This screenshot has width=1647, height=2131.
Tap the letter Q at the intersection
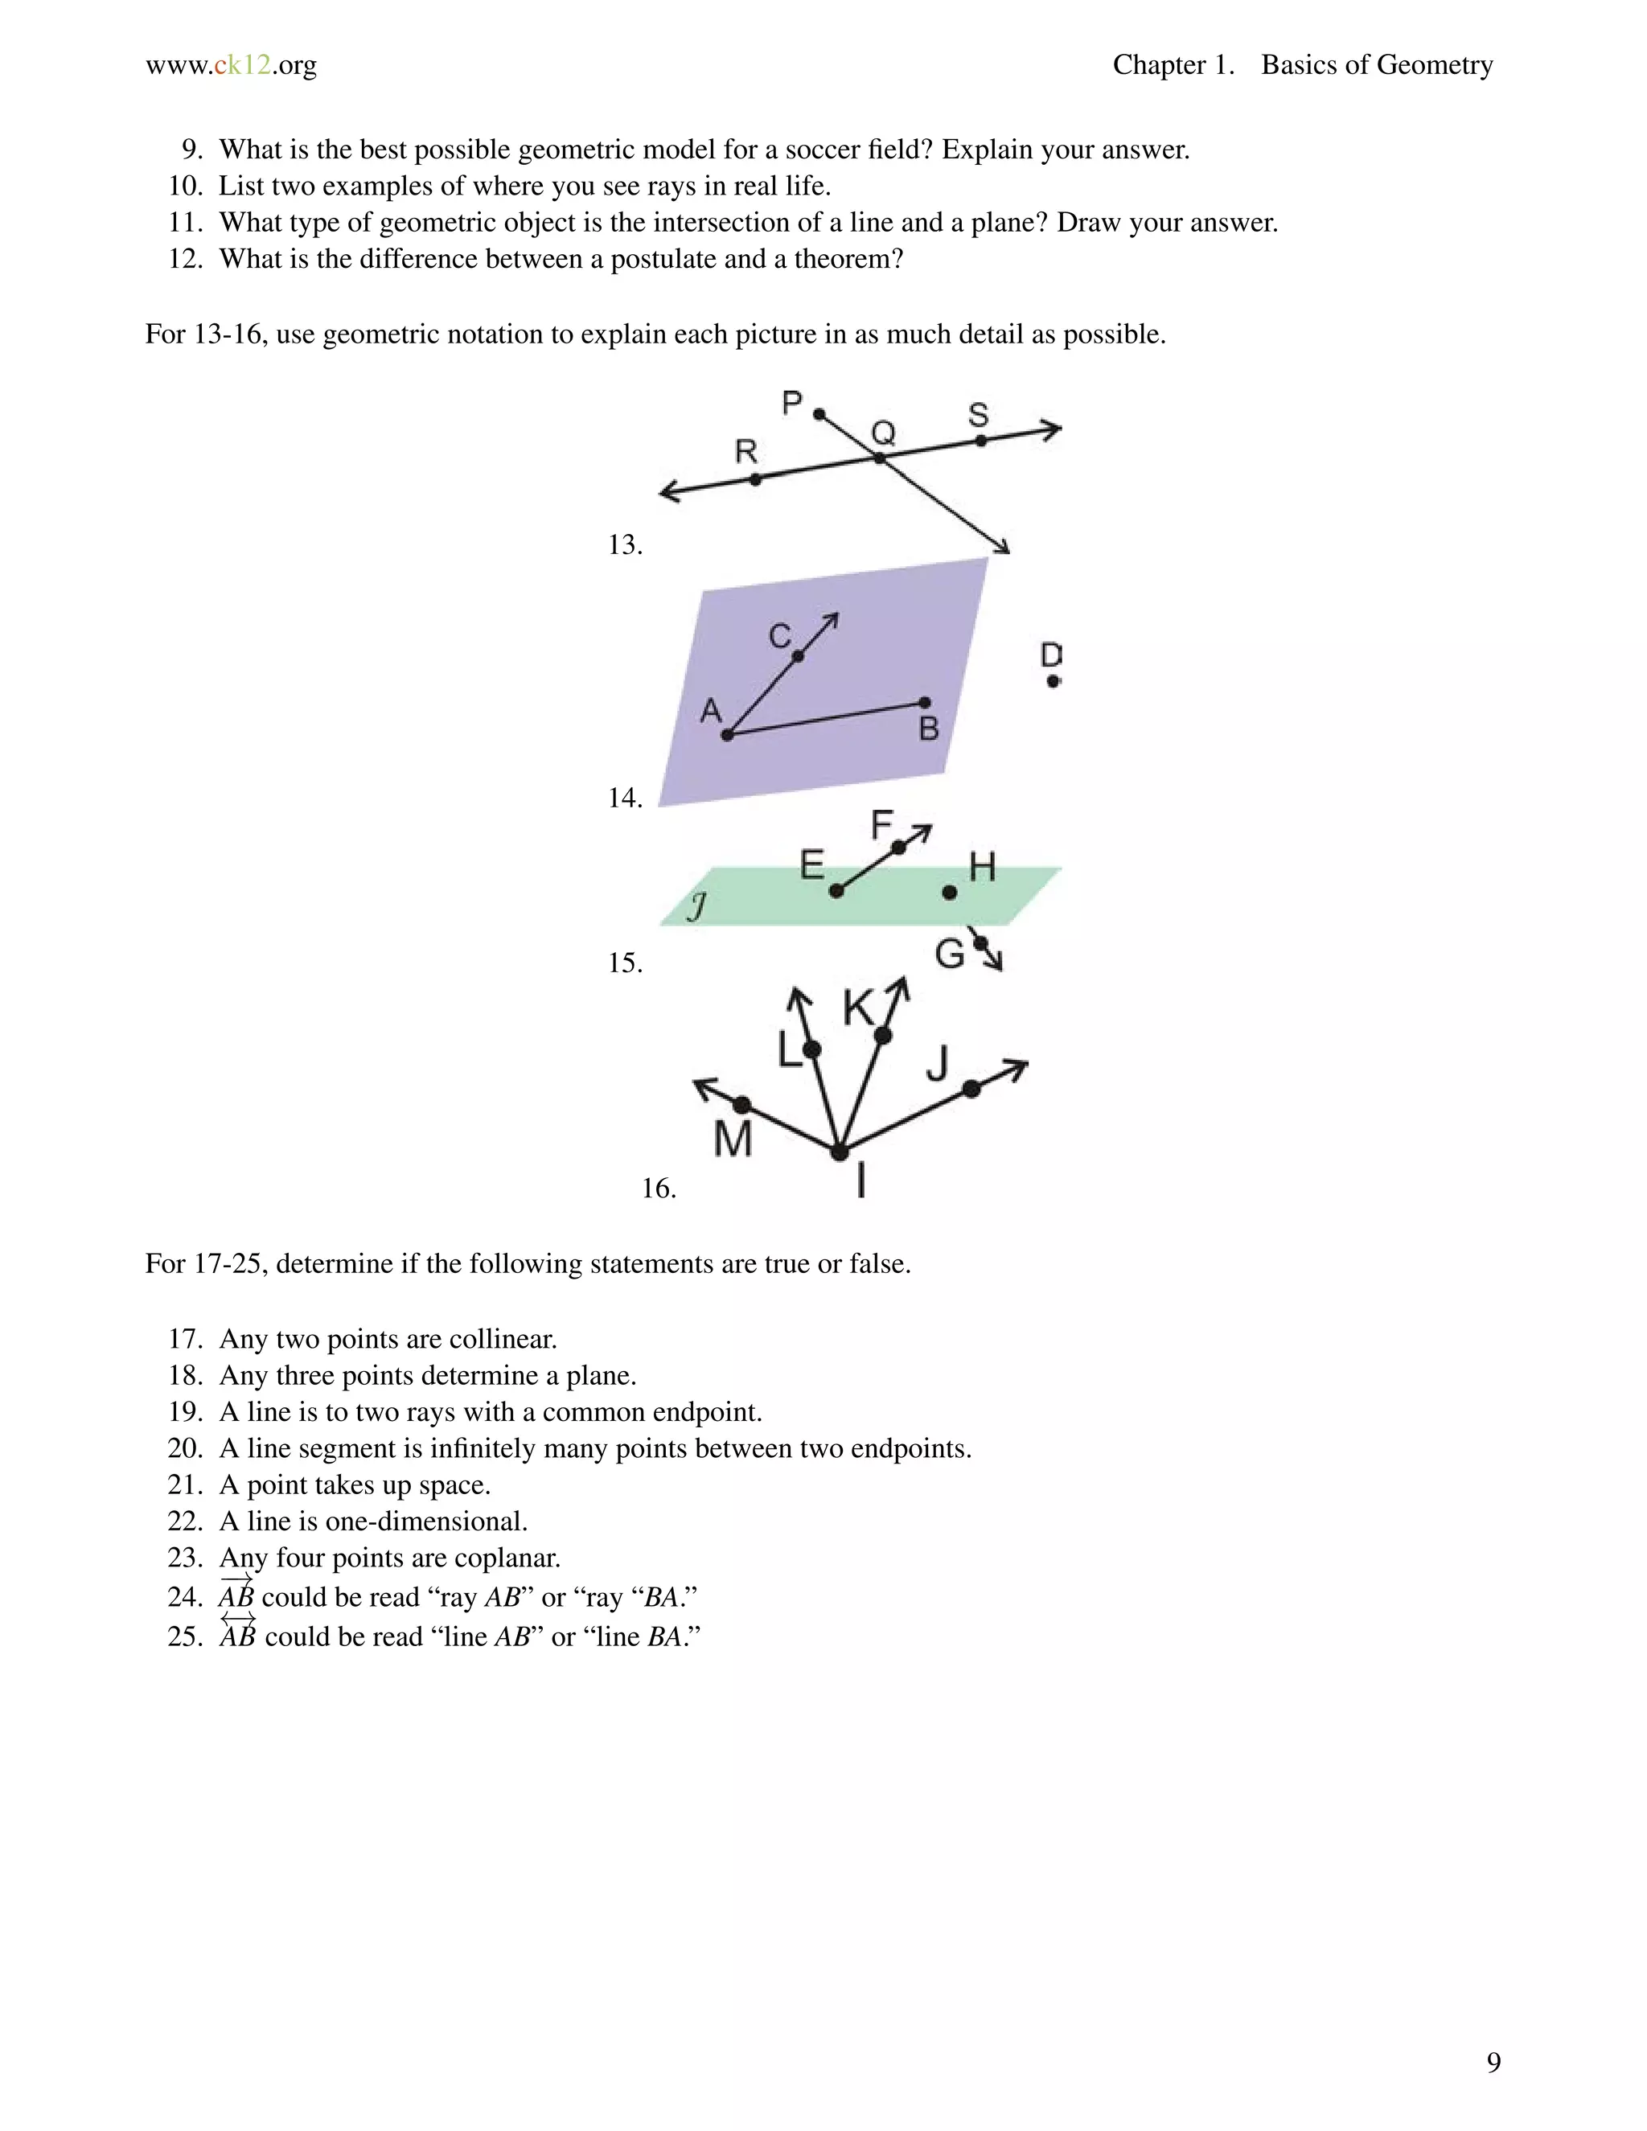coord(883,433)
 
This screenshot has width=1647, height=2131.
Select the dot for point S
coord(980,441)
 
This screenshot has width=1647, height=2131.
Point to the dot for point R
coord(755,479)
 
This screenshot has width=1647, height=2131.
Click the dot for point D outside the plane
coord(1053,681)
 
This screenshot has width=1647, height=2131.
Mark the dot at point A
coord(727,735)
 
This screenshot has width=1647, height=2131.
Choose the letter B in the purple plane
coord(929,728)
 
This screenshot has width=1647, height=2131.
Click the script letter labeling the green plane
coord(696,907)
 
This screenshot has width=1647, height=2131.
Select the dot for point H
coord(950,892)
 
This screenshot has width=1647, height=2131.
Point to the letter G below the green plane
coord(950,953)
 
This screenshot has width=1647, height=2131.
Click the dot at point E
coord(836,891)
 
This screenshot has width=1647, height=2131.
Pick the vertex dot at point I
coord(839,1152)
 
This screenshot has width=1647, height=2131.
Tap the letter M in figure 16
coord(733,1139)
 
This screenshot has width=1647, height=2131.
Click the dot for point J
coord(971,1089)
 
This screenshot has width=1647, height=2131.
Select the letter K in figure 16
coord(859,1008)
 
